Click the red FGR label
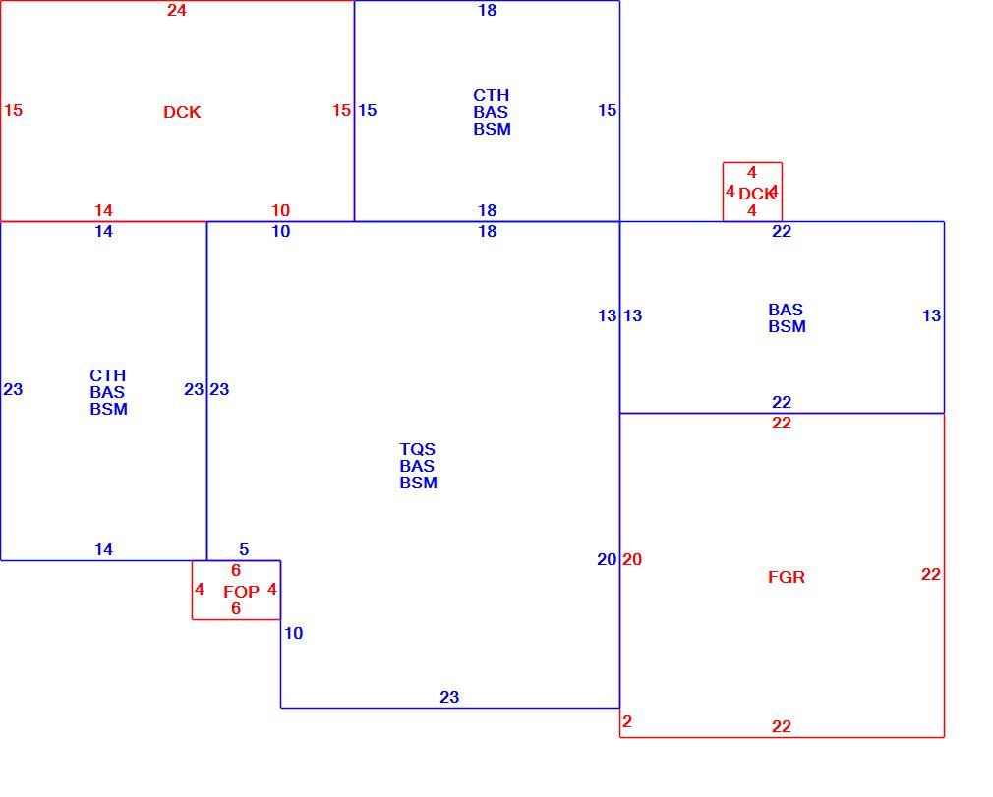(786, 577)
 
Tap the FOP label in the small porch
(241, 592)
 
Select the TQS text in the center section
(417, 449)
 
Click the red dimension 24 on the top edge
(177, 10)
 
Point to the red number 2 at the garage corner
(627, 721)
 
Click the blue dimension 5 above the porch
(244, 549)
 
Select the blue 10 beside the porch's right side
(293, 633)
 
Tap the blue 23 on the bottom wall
(449, 697)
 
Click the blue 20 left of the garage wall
(607, 559)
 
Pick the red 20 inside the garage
(632, 559)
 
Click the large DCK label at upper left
(182, 112)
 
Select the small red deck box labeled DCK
(752, 192)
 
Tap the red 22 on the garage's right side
(930, 574)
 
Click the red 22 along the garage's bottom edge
(782, 726)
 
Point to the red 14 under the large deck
(104, 210)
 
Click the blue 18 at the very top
(488, 10)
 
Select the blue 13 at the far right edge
(932, 315)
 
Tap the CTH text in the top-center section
(491, 95)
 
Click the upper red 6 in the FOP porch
(236, 570)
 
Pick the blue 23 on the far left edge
(14, 389)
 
